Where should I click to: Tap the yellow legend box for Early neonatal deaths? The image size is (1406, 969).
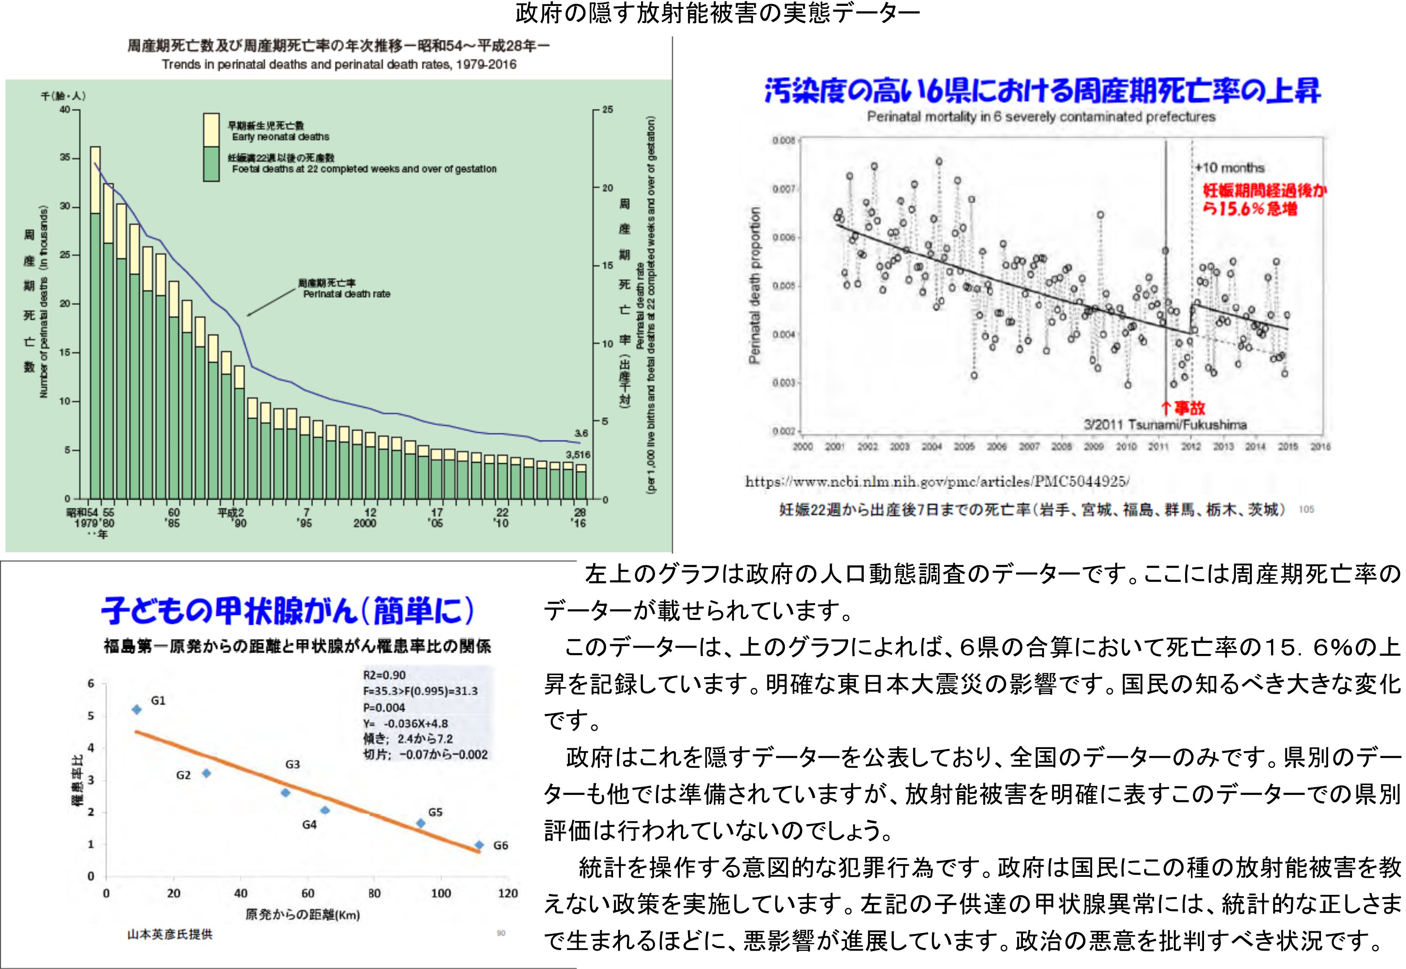(211, 130)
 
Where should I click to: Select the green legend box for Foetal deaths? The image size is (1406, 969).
(211, 164)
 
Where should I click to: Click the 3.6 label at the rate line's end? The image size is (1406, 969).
(581, 434)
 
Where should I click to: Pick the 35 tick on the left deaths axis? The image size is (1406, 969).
(65, 158)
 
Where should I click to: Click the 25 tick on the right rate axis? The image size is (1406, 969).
(607, 110)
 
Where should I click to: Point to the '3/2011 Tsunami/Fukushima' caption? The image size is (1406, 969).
(1165, 425)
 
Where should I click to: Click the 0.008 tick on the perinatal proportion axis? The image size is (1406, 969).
(784, 141)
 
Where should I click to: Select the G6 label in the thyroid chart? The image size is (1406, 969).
(500, 845)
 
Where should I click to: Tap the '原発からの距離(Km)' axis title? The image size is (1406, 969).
(303, 915)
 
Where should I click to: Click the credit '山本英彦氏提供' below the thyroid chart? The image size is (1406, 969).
(170, 934)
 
